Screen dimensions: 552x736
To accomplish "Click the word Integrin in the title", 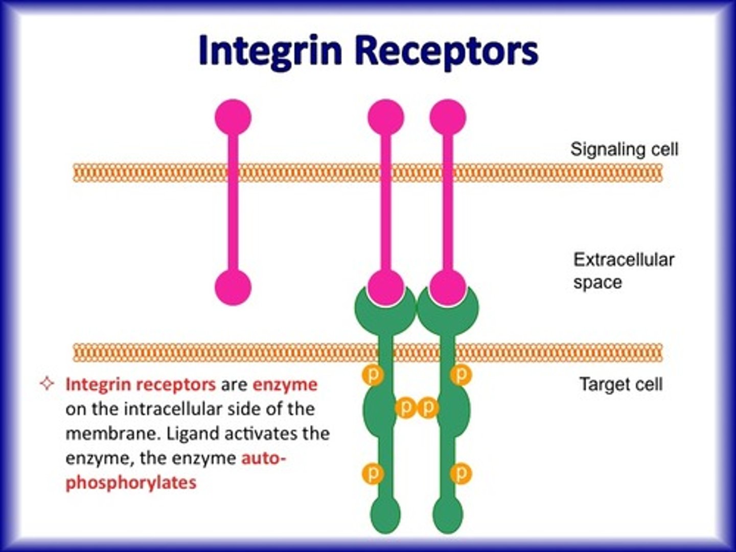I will coord(269,50).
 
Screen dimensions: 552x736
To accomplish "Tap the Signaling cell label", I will coord(624,149).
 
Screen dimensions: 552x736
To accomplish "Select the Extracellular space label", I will coord(623,270).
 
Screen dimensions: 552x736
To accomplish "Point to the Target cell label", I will coord(620,384).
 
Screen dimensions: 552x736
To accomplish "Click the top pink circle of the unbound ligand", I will coord(233,117).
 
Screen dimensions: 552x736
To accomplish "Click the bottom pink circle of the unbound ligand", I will coord(233,287).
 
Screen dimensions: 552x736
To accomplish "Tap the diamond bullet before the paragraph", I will coord(47,384).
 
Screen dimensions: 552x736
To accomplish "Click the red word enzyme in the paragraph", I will coord(285,384).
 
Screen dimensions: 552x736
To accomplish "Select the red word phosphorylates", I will coord(131,482).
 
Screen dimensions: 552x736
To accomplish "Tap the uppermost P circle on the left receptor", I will coord(373,375).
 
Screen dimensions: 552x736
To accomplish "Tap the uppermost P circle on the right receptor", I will coord(461,375).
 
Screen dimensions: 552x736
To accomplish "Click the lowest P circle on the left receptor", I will coord(373,473).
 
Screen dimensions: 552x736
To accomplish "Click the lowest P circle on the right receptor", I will coord(461,473).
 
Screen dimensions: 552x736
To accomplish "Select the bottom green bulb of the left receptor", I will coord(385,514).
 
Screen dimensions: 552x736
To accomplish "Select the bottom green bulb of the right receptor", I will coord(448,514).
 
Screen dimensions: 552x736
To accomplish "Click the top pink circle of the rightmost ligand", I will coord(448,117).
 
